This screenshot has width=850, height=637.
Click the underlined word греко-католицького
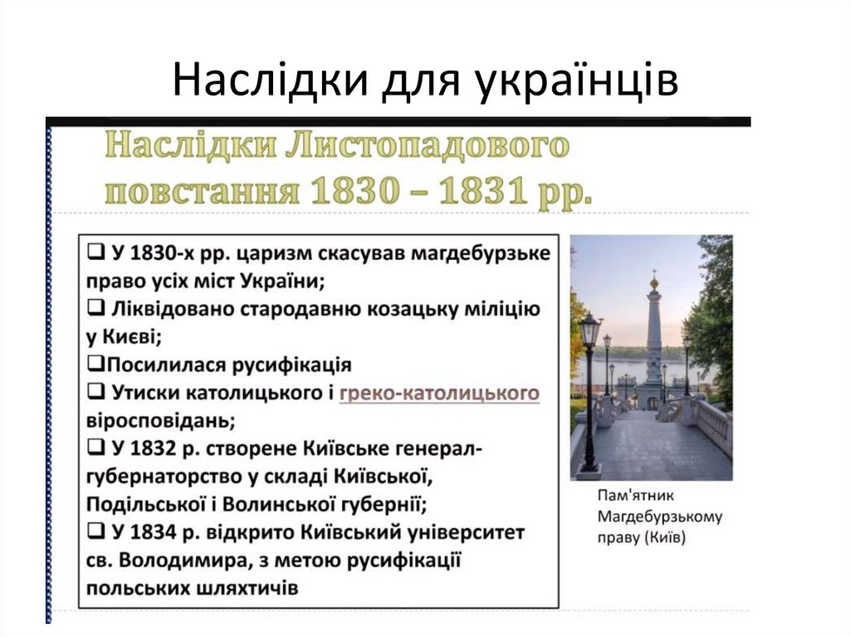439,393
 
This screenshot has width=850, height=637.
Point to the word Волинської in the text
280,504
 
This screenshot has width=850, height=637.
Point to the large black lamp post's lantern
590,331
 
